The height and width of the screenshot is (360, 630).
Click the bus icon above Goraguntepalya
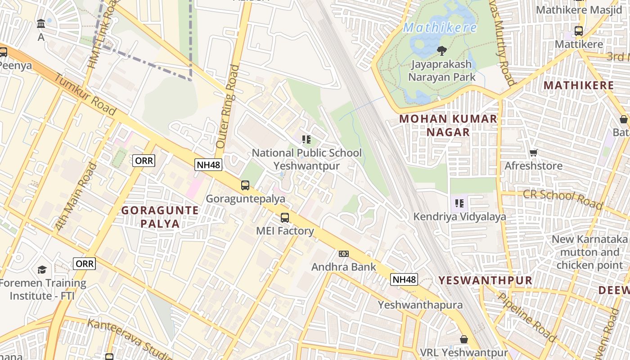click(x=245, y=185)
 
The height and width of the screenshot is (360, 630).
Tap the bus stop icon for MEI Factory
click(x=285, y=218)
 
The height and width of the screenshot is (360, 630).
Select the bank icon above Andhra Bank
click(x=344, y=254)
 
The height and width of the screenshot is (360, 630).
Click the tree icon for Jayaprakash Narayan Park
click(x=442, y=51)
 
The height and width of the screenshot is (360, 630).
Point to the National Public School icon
click(x=306, y=139)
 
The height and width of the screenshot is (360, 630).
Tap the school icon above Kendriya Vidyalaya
click(x=459, y=203)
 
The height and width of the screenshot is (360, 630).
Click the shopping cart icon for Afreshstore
click(x=534, y=153)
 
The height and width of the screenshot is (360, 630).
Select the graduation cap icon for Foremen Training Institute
click(x=42, y=270)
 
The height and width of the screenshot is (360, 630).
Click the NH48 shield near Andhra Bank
click(x=404, y=279)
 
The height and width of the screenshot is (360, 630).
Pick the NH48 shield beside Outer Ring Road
click(x=209, y=165)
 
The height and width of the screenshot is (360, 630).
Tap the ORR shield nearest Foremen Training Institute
click(x=85, y=264)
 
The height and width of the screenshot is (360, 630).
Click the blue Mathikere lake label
click(x=440, y=28)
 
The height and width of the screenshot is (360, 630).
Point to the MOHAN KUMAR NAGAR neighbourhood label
click(x=448, y=126)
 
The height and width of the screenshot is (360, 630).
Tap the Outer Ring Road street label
click(x=227, y=107)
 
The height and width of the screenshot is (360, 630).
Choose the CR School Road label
click(x=562, y=199)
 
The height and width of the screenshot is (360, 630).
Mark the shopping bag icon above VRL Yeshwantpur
click(x=464, y=339)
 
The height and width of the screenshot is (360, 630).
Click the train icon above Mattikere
click(x=579, y=31)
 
